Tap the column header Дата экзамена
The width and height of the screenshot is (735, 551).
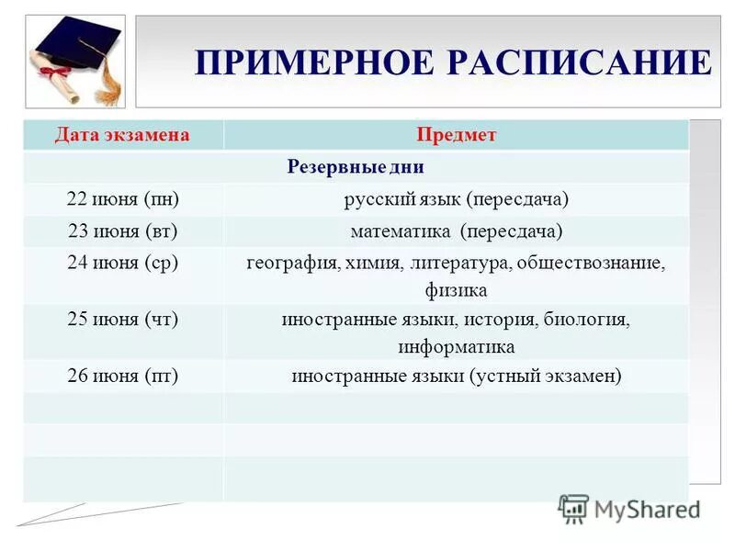coord(122,135)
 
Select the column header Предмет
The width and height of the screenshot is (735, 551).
coord(456,135)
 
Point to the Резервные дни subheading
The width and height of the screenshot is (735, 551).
coord(356,168)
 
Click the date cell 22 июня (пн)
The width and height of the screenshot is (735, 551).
coord(122,199)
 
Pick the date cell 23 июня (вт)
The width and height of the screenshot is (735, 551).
coord(122,231)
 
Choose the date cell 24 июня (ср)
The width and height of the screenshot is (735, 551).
coord(122,263)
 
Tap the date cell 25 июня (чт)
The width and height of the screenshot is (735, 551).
coord(122,320)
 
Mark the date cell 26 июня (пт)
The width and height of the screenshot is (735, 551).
coord(122,376)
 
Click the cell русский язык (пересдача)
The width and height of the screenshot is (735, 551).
coord(456,199)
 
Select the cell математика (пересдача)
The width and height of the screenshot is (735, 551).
coord(456,231)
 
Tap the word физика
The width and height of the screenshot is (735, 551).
coord(456,290)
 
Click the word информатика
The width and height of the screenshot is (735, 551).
coord(456,347)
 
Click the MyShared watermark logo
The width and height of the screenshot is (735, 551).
coord(628,509)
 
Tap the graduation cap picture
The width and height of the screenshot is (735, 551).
coord(76,60)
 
